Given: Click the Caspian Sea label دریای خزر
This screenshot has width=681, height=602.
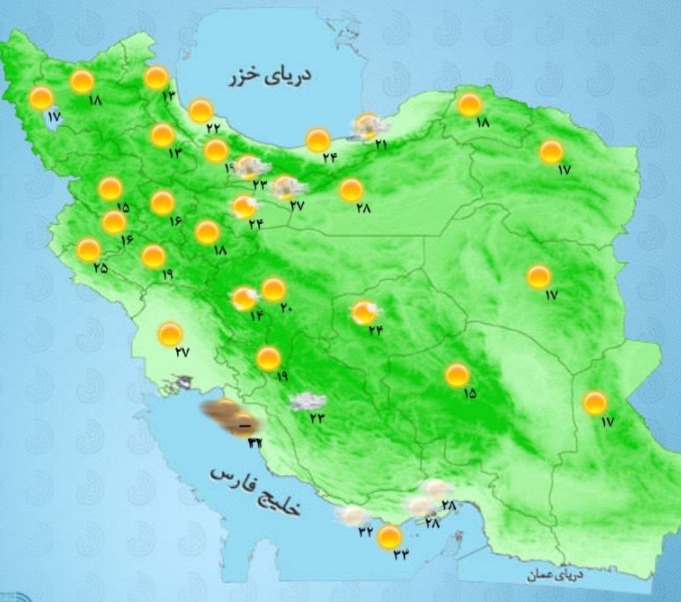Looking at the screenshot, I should tap(271, 77).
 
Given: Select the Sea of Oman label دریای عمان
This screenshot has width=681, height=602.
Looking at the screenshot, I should tap(556, 575).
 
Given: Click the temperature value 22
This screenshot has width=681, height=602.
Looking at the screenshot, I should tap(213, 127).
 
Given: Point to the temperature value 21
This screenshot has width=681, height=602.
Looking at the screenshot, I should tap(380, 145).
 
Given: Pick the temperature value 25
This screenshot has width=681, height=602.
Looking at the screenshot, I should tap(100, 268).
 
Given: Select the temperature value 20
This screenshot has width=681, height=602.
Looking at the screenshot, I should tap(286, 308).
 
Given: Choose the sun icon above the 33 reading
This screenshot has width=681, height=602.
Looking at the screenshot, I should tap(390, 537).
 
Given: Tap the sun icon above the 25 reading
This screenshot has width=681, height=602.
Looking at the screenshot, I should tap(88, 250).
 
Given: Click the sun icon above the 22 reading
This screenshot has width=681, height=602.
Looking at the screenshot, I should tap(201, 110).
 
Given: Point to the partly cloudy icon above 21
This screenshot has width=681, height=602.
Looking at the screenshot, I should tap(368, 126).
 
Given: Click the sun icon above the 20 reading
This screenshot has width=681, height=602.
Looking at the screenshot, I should tap(274, 289).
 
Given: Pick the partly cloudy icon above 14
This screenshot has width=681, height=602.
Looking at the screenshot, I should tap(245, 298).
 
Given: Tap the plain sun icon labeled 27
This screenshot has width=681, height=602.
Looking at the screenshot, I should tap(170, 334).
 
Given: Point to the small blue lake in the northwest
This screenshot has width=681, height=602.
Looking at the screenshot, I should tap(52, 119).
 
